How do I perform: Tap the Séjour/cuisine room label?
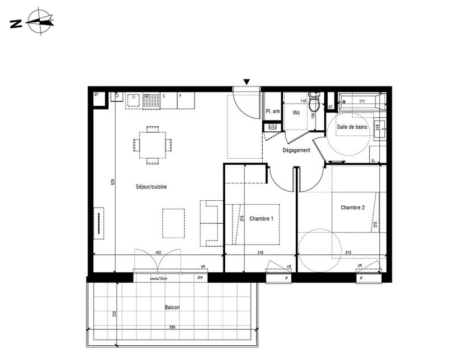click(151, 187)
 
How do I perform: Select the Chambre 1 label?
click(261, 219)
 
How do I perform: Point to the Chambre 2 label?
click(353, 208)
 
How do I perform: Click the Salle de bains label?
click(351, 127)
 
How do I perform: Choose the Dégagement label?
click(296, 150)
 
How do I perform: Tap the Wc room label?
click(296, 113)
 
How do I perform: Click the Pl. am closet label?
click(272, 111)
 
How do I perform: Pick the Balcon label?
click(172, 307)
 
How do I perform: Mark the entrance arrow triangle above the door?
click(246, 82)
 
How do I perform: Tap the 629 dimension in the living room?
click(113, 183)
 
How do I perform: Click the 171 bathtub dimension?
click(361, 101)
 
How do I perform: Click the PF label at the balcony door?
click(200, 278)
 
